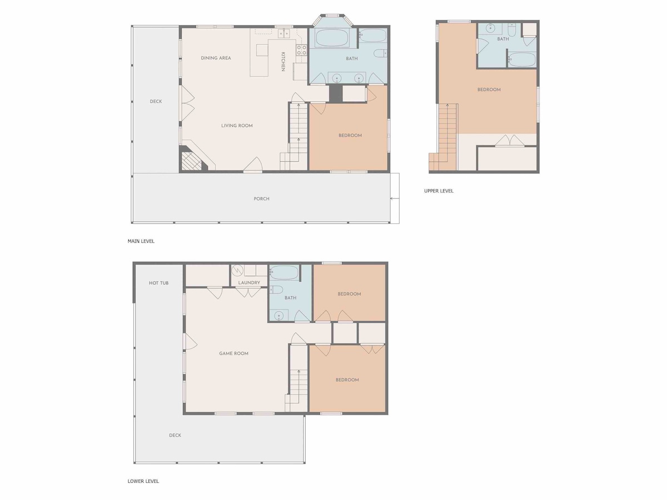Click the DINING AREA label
click(x=216, y=58)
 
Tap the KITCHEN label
click(x=283, y=62)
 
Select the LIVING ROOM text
click(x=237, y=126)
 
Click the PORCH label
click(x=261, y=199)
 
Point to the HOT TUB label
click(x=158, y=283)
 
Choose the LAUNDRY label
click(x=249, y=283)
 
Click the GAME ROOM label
click(x=233, y=353)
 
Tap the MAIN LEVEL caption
click(x=141, y=241)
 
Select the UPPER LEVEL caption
click(x=439, y=191)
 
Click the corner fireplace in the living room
click(x=191, y=161)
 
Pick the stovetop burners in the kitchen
click(x=301, y=50)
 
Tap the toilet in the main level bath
click(x=380, y=53)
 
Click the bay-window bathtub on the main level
click(x=332, y=38)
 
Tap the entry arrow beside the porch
click(x=395, y=199)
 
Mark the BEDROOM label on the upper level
click(x=489, y=90)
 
